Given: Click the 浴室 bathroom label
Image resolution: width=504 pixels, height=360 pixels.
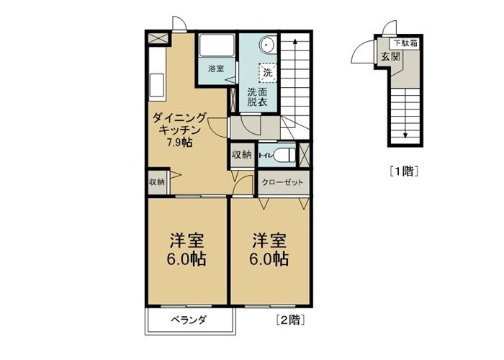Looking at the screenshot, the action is click(216, 68).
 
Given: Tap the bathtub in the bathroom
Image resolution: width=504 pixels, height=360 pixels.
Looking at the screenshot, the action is click(216, 45).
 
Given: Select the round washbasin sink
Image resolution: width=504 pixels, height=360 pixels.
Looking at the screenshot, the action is click(266, 45).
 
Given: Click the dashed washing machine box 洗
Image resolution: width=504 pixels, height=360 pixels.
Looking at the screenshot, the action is click(267, 72).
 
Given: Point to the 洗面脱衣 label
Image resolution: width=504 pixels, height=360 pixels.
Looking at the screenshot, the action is click(257, 96).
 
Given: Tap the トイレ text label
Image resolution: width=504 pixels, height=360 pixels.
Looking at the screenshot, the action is click(266, 156).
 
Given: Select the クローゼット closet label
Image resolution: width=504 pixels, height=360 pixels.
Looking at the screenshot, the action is click(282, 183).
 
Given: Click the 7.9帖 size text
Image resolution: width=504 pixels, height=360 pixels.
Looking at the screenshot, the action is click(179, 142).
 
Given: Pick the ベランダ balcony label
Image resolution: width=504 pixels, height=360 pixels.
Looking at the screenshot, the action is click(189, 320).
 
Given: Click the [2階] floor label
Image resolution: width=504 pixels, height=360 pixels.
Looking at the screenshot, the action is click(290, 320).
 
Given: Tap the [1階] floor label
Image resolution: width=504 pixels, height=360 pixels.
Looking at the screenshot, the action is click(405, 171).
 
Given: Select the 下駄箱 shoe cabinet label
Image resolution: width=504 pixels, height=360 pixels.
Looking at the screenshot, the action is click(405, 42).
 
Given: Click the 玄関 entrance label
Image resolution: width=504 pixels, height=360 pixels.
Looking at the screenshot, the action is click(390, 57).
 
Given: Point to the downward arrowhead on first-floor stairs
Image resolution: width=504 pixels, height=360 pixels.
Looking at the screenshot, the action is click(405, 135).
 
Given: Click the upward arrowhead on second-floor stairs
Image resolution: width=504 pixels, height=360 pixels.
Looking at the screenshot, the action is click(294, 41).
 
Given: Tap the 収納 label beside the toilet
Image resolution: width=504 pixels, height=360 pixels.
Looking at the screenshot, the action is click(241, 155).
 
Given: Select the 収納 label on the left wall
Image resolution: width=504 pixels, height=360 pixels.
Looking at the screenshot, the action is click(157, 182).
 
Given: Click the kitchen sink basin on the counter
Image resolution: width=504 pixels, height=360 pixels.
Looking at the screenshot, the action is click(157, 85).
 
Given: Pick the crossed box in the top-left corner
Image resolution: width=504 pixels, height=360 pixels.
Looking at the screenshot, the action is click(158, 38).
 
